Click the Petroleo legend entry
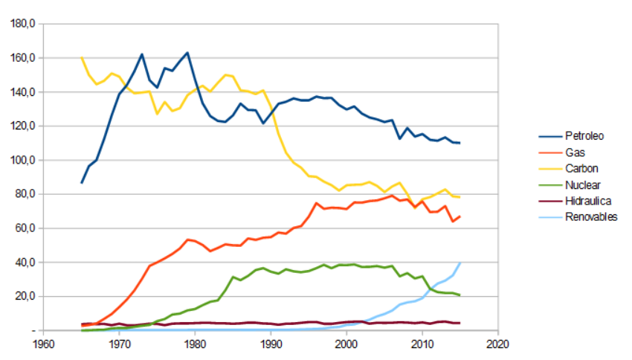point(584,136)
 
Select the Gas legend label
point(573,152)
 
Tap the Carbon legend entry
point(581,169)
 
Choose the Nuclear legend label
point(581,184)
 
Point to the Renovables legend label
point(590,217)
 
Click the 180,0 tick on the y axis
point(23,24)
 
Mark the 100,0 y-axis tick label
point(23,160)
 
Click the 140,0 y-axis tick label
point(23,92)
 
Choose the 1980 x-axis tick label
point(195,344)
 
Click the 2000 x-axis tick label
point(346,344)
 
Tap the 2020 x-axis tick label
point(497,344)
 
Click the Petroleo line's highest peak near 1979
point(187,53)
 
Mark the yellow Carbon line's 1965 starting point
point(82,57)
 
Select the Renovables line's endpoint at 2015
point(460,263)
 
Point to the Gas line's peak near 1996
point(316,203)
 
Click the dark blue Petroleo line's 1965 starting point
point(82,182)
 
